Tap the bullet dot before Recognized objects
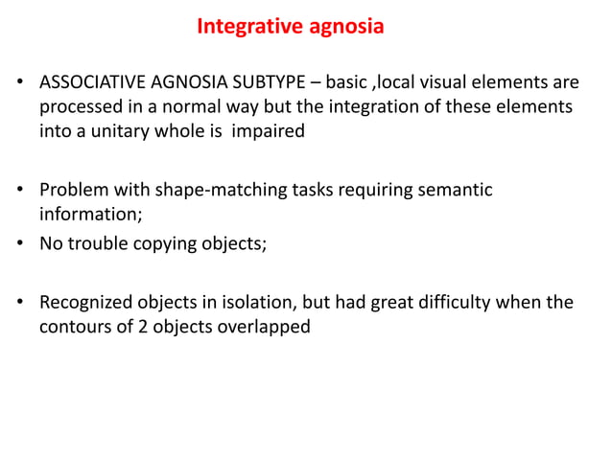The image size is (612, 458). coord(20,306)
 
